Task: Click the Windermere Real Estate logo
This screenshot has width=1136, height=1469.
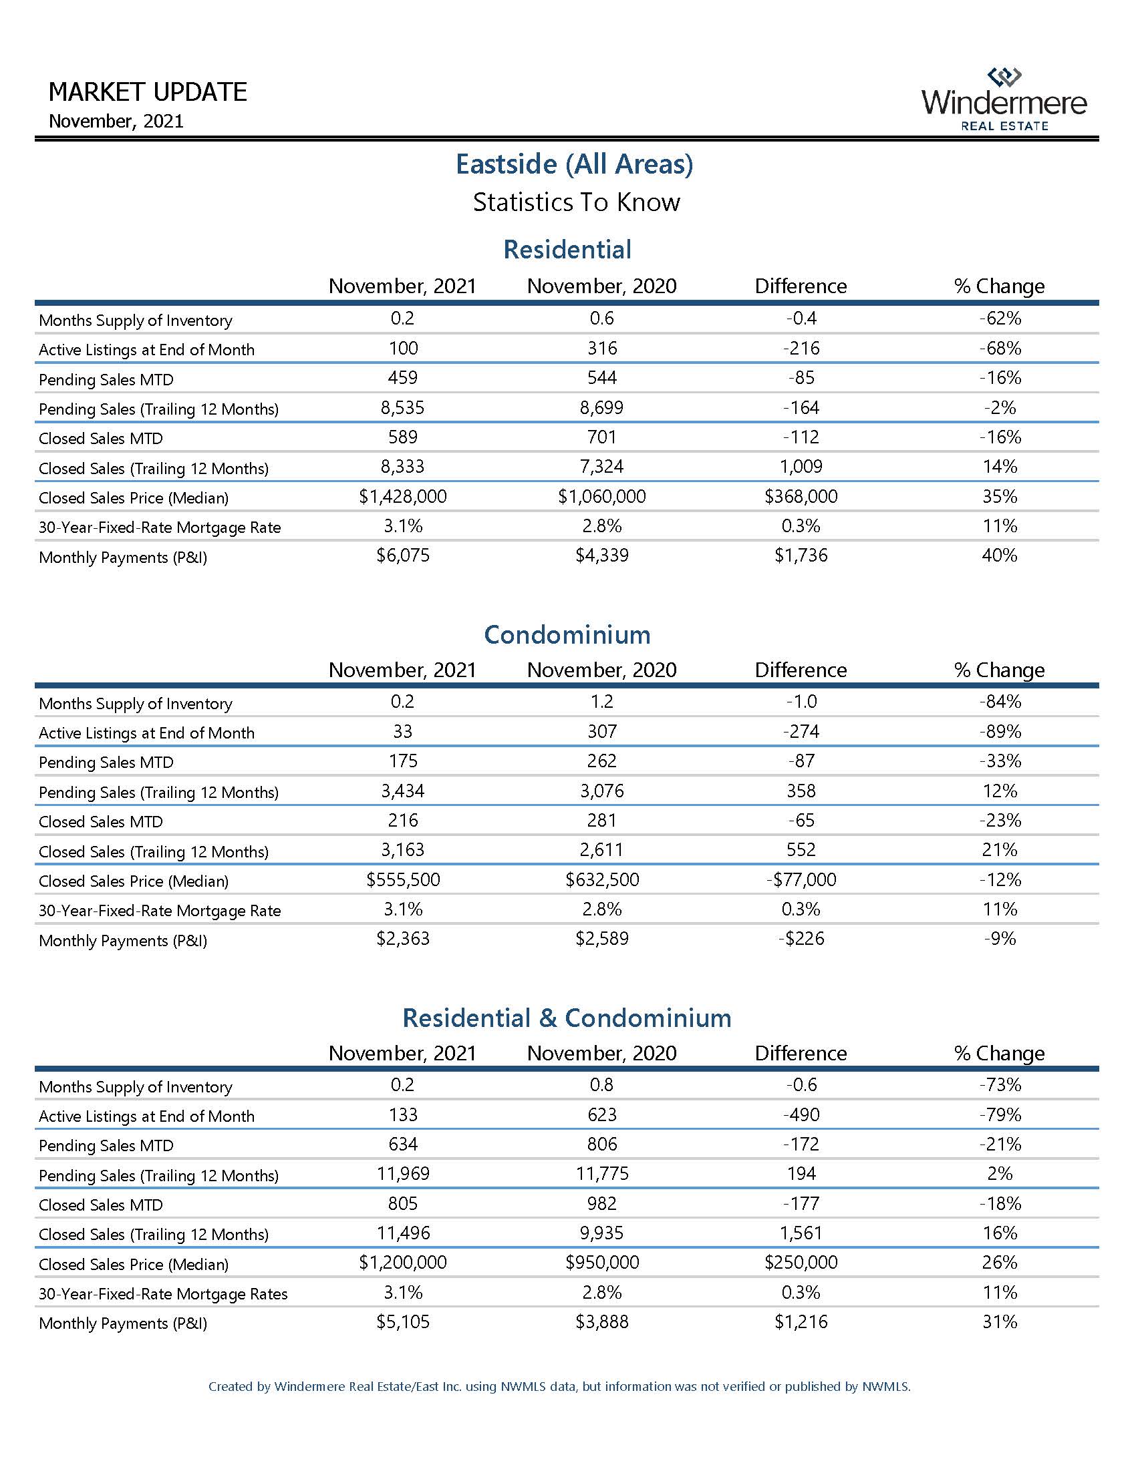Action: (1004, 99)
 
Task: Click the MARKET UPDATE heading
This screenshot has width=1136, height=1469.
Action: (148, 91)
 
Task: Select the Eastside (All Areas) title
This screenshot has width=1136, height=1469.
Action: (574, 164)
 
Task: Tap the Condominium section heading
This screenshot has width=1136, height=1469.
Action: (567, 634)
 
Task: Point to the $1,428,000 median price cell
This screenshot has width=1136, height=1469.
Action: (402, 496)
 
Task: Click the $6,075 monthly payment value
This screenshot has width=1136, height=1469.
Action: (402, 556)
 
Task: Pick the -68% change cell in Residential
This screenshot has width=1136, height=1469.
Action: (1000, 349)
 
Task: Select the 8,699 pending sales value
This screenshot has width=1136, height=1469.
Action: (601, 407)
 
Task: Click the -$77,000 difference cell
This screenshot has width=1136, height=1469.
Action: (800, 880)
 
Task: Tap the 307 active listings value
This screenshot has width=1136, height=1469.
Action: (601, 731)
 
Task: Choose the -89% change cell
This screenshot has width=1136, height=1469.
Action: (1000, 731)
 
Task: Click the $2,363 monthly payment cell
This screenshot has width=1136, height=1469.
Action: (402, 939)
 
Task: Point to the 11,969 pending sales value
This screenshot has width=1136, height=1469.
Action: (402, 1174)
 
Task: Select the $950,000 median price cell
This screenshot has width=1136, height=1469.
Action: (601, 1263)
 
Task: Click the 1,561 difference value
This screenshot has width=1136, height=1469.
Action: (800, 1233)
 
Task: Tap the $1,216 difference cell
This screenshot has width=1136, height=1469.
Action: (800, 1321)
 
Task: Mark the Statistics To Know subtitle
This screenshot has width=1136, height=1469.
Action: (576, 202)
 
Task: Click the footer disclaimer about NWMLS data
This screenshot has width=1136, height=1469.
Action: (559, 1386)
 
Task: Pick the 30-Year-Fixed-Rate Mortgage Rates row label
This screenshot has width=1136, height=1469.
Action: (163, 1293)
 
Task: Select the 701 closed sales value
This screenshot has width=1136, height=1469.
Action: (601, 437)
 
